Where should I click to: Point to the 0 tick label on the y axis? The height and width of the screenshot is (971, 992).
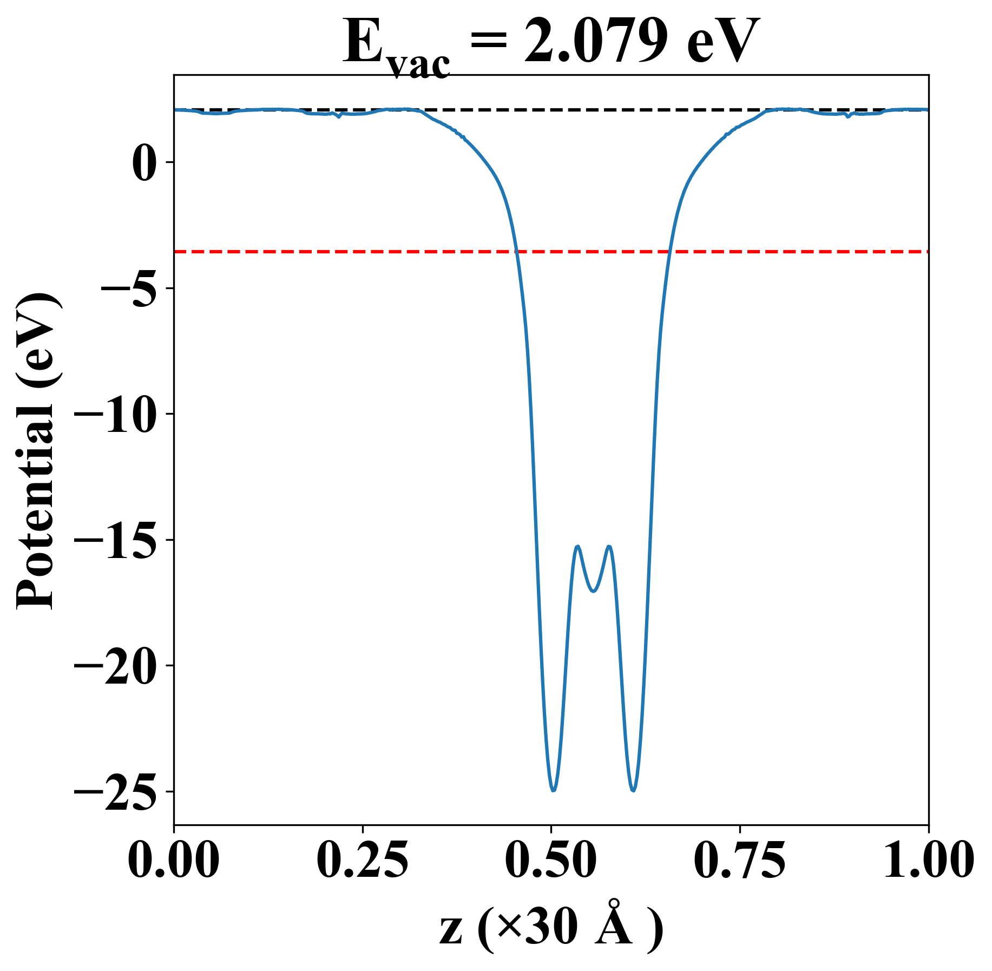coord(146,163)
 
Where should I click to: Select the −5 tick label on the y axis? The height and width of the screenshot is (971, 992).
coord(129,288)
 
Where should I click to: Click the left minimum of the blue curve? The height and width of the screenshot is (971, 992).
coord(553,790)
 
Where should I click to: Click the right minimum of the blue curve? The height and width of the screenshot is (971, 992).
coord(633,790)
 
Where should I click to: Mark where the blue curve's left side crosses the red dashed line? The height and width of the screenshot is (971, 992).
coord(517,252)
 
